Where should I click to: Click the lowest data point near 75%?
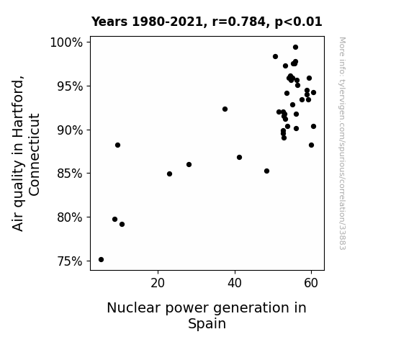click(x=101, y=260)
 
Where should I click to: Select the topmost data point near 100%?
click(x=296, y=48)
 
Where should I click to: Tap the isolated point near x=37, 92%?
click(x=225, y=109)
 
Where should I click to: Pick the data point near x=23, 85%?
click(x=169, y=174)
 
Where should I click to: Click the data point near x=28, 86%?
click(x=189, y=165)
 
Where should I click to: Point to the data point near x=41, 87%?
click(x=240, y=158)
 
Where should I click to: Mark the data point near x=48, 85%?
click(x=267, y=171)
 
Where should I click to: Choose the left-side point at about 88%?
click(x=118, y=145)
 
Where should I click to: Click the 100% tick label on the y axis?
click(x=66, y=42)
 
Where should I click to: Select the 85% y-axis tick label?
click(x=70, y=174)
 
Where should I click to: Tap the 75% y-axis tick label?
click(x=70, y=261)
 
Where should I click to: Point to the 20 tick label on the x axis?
click(x=158, y=283)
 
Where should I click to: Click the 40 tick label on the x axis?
click(x=235, y=283)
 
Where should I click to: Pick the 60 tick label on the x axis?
click(x=311, y=283)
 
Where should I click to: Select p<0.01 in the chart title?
click(x=299, y=22)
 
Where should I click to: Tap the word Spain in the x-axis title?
click(x=207, y=324)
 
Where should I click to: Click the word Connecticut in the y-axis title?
click(x=35, y=155)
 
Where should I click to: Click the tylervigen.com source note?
click(x=342, y=143)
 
